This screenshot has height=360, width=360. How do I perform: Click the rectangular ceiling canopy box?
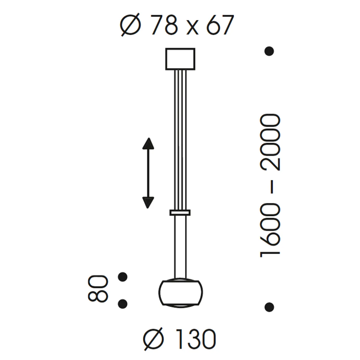[180, 59]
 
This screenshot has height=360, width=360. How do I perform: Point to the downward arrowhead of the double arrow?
[148, 202]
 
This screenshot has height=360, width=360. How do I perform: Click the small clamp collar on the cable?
[180, 213]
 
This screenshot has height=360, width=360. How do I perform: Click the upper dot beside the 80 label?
[123, 276]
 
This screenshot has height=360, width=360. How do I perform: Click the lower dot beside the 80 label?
[123, 304]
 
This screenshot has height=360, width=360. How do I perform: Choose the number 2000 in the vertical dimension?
[270, 143]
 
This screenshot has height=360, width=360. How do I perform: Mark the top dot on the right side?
[269, 51]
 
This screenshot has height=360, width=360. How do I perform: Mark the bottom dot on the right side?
[269, 307]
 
